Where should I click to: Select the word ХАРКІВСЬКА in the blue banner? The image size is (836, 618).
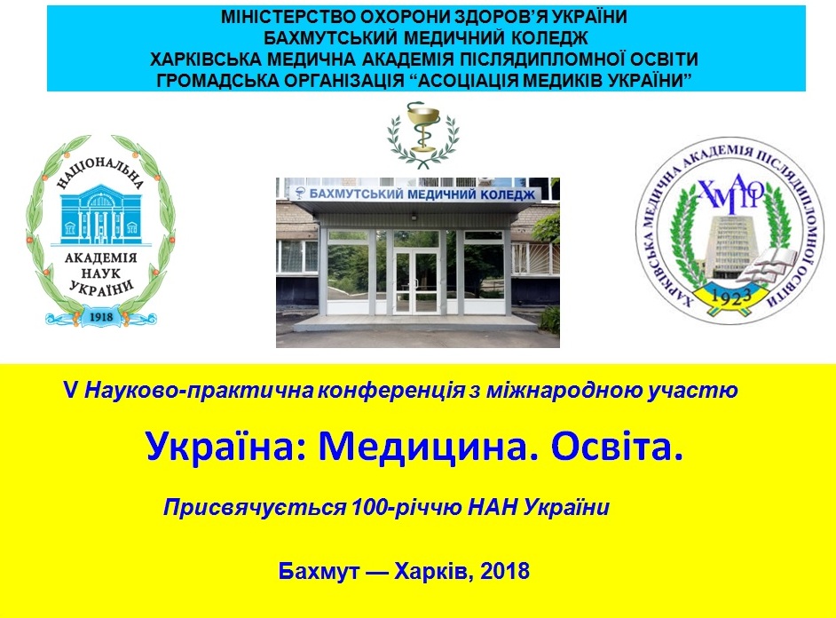204,59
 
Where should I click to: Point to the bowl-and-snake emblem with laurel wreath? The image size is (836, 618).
422,133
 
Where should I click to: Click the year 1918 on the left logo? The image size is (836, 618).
101,317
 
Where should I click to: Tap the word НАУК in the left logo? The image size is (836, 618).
101,273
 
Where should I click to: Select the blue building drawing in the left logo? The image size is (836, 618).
100,216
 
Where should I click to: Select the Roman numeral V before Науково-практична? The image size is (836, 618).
70,391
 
